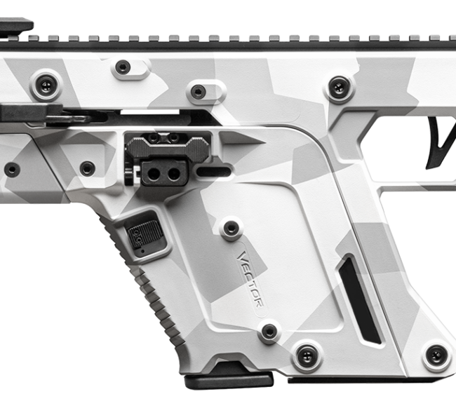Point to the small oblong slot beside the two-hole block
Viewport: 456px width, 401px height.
(215, 170)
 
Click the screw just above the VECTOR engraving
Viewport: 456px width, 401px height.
(230, 228)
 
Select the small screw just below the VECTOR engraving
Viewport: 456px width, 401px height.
(269, 331)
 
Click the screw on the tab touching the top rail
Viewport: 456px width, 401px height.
(123, 67)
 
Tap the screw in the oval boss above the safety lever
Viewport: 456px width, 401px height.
(199, 91)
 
